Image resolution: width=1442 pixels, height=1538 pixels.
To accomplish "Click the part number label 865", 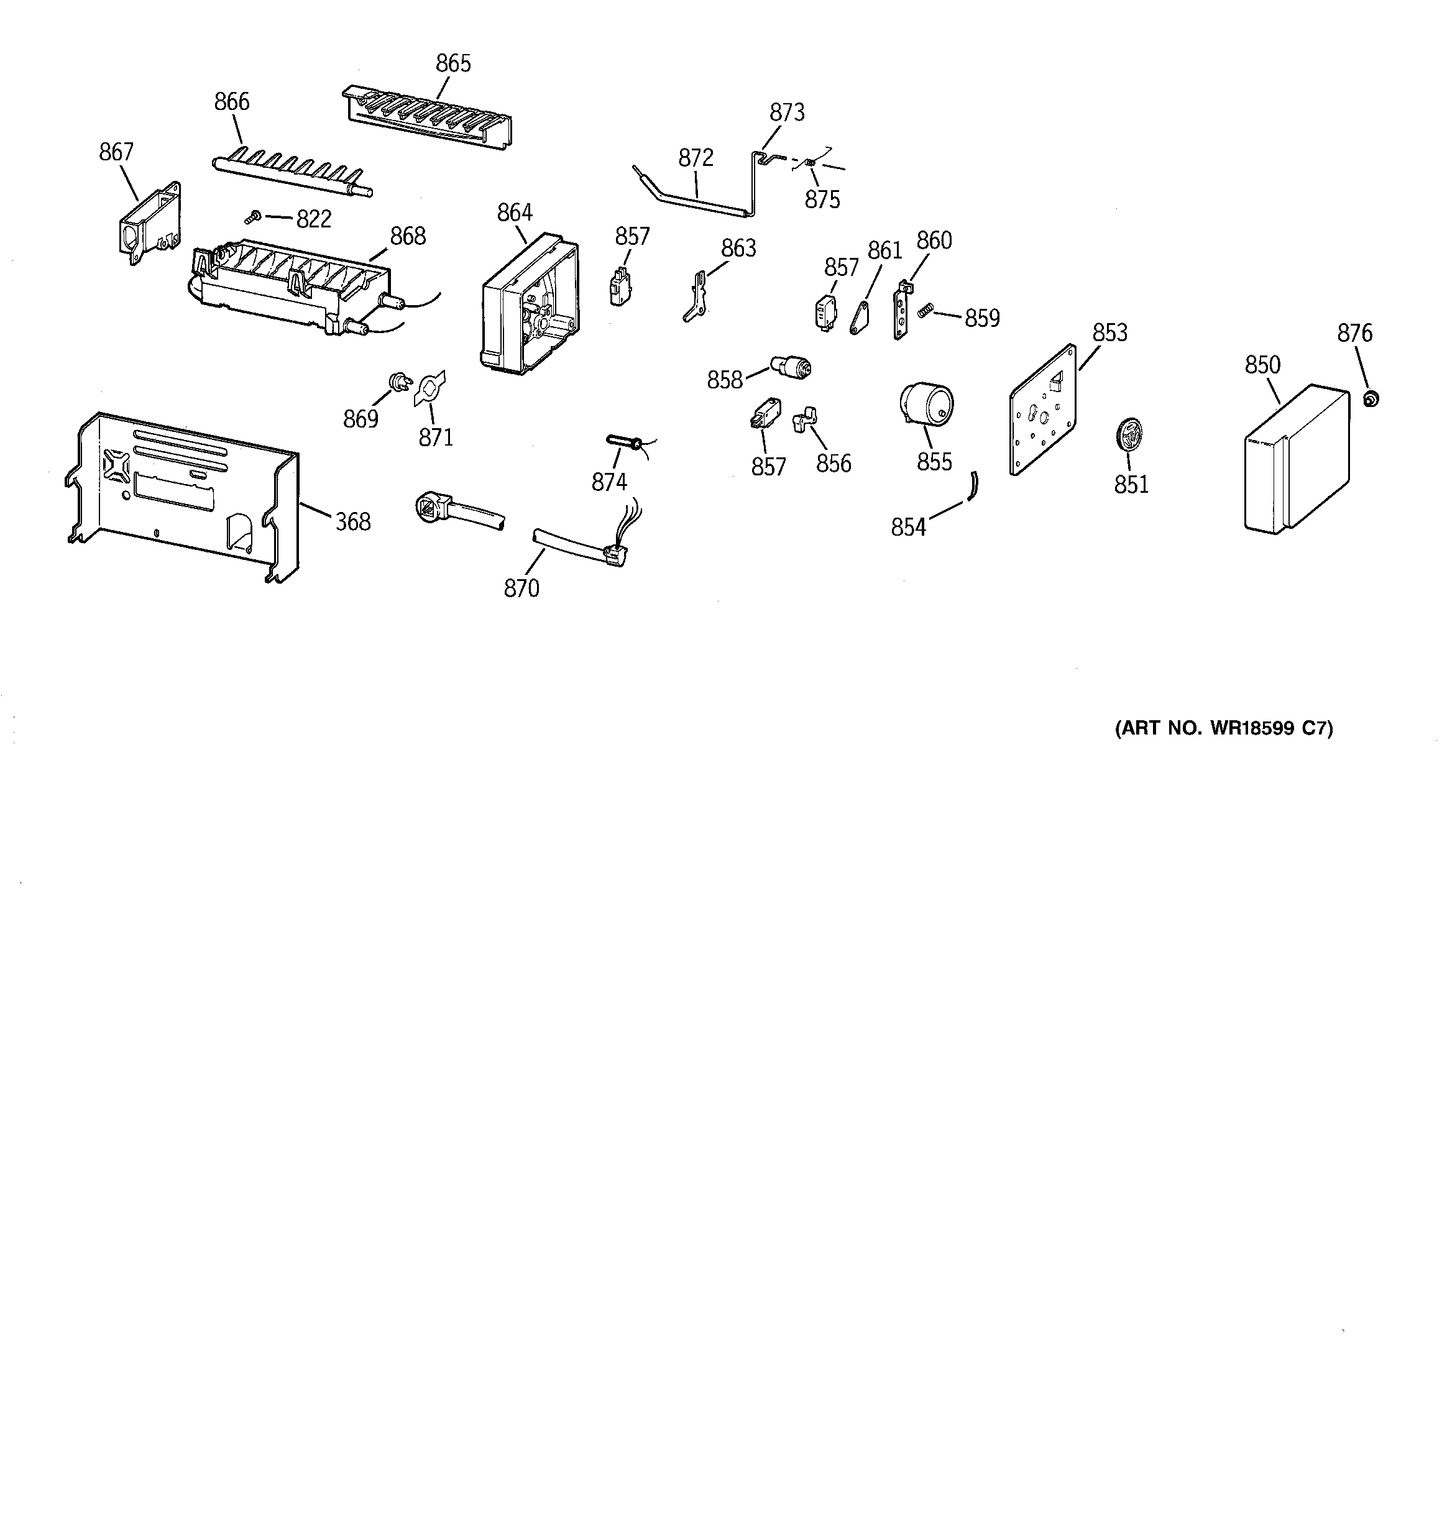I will [x=453, y=63].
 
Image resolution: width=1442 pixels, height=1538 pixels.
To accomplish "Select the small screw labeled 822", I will [x=252, y=218].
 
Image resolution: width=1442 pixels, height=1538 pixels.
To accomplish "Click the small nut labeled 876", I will [x=1371, y=399].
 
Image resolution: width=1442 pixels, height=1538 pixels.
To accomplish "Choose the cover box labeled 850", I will [x=1295, y=460].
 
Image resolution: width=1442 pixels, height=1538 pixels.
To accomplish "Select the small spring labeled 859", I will [x=924, y=312].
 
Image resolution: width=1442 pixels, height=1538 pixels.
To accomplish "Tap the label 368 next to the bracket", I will [x=352, y=522].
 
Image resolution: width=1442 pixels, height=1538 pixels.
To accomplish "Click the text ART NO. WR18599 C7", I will [x=1224, y=728].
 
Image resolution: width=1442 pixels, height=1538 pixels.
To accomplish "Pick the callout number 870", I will [x=521, y=588].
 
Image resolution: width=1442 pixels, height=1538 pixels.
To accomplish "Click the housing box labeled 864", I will [x=530, y=305].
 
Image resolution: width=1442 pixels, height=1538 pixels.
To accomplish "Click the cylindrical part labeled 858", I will [x=790, y=365].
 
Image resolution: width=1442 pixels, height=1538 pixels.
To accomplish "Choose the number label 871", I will [x=435, y=438].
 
